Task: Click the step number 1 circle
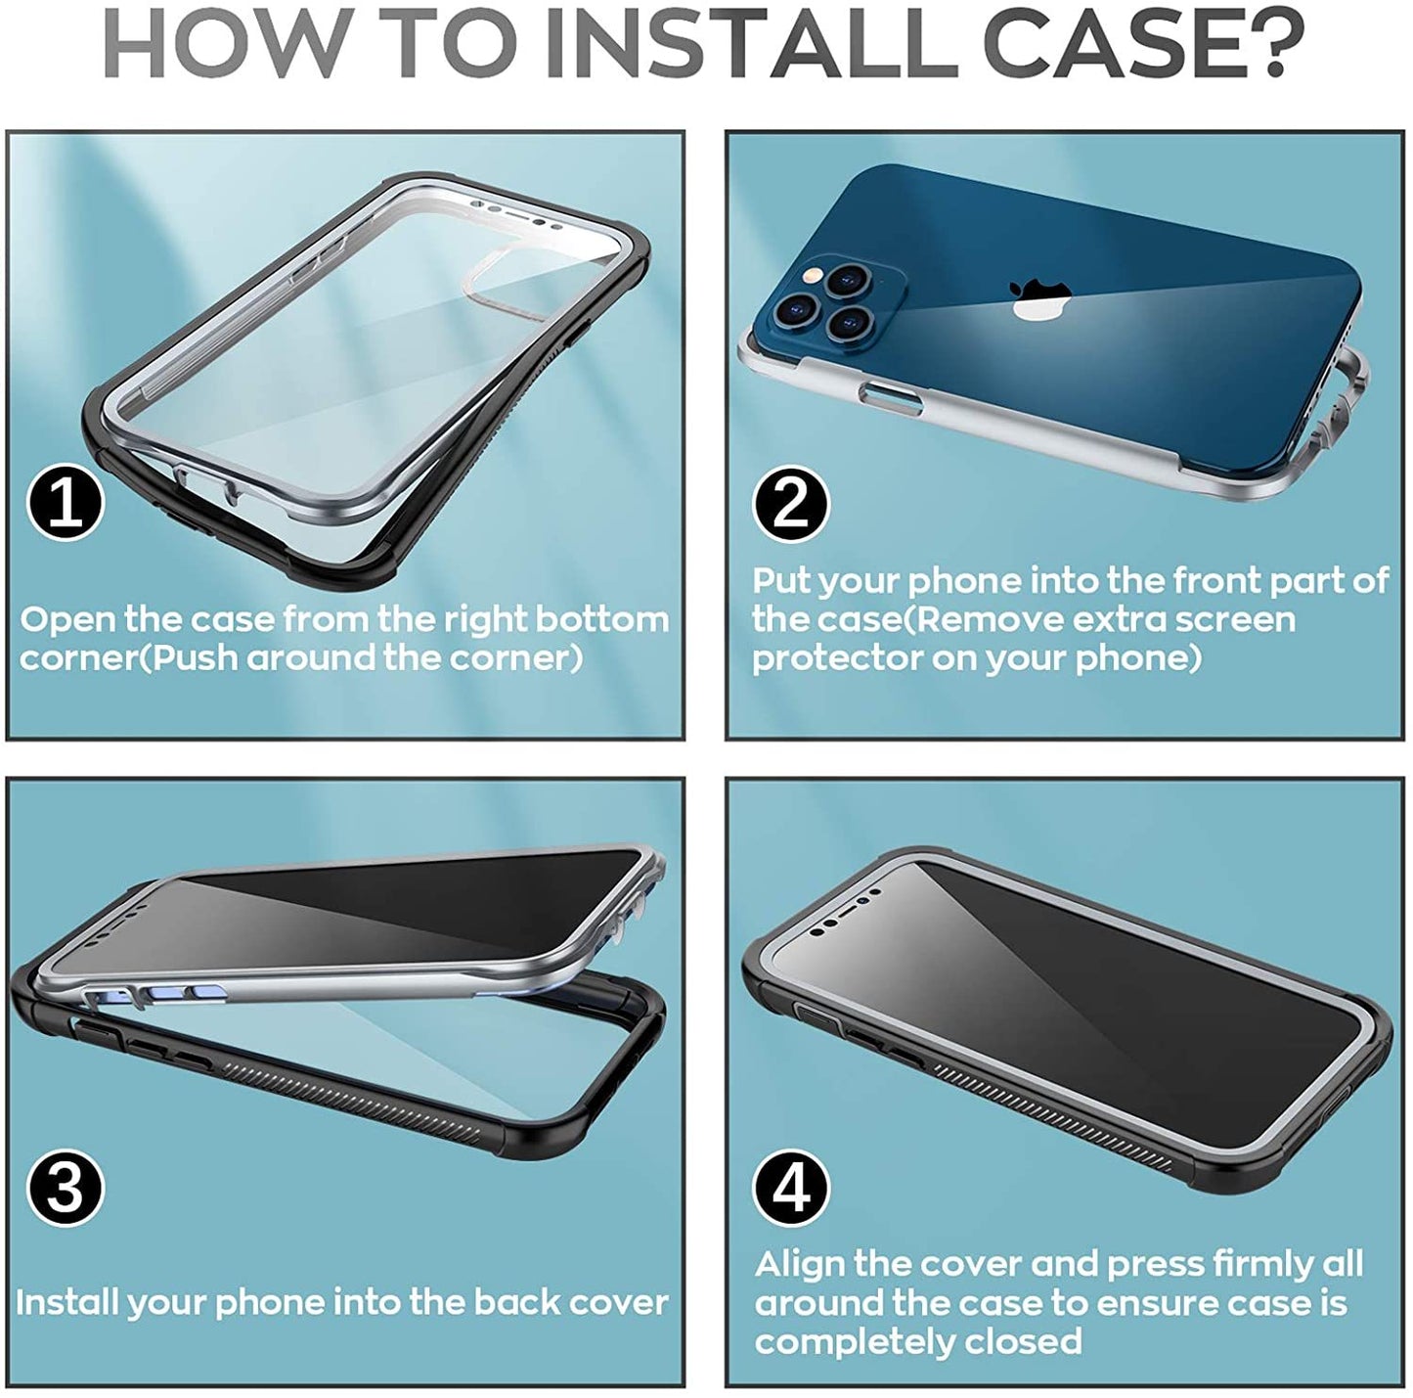[x=66, y=504]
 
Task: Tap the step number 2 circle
[x=791, y=505]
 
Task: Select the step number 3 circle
[x=66, y=1188]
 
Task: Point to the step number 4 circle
[x=791, y=1188]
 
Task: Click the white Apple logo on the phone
[x=1039, y=298]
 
